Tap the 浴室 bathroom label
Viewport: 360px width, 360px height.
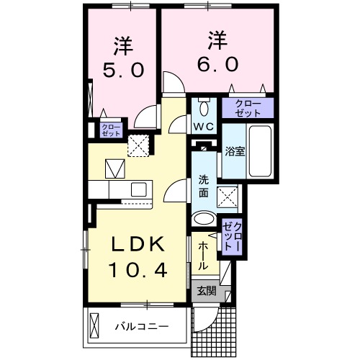[234, 152]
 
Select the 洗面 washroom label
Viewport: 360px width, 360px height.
[204, 187]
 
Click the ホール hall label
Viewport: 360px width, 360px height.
[204, 254]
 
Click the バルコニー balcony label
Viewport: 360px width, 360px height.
[142, 326]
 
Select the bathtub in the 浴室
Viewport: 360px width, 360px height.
[258, 153]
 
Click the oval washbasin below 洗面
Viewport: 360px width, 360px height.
[204, 219]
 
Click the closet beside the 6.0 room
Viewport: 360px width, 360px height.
[248, 108]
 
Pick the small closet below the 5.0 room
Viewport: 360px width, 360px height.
[111, 130]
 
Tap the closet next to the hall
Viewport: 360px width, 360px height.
[233, 236]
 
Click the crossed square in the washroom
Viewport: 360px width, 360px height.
[229, 194]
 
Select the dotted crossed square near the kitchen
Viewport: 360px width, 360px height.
[138, 145]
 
